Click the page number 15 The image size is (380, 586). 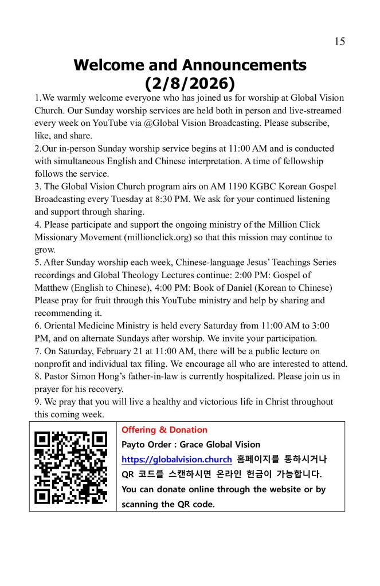click(x=339, y=41)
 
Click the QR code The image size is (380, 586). click(x=70, y=467)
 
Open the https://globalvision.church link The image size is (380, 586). click(x=177, y=459)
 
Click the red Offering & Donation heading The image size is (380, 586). click(x=164, y=430)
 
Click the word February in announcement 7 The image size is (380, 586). click(x=112, y=351)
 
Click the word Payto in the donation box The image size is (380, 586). click(x=134, y=445)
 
